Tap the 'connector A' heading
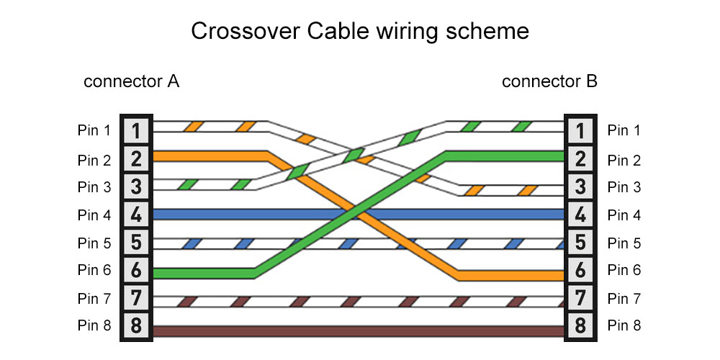(x=131, y=81)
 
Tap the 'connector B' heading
(x=549, y=81)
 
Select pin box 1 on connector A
(x=136, y=131)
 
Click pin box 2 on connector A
(x=136, y=159)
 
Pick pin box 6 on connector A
(x=136, y=271)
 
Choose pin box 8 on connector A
(x=136, y=326)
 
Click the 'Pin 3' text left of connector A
(x=94, y=187)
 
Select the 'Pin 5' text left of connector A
(x=94, y=243)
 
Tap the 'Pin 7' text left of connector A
(x=94, y=298)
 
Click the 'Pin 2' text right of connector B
(x=624, y=159)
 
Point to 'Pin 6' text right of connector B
(x=624, y=271)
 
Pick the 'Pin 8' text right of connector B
(x=624, y=326)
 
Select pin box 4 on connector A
(x=136, y=215)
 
